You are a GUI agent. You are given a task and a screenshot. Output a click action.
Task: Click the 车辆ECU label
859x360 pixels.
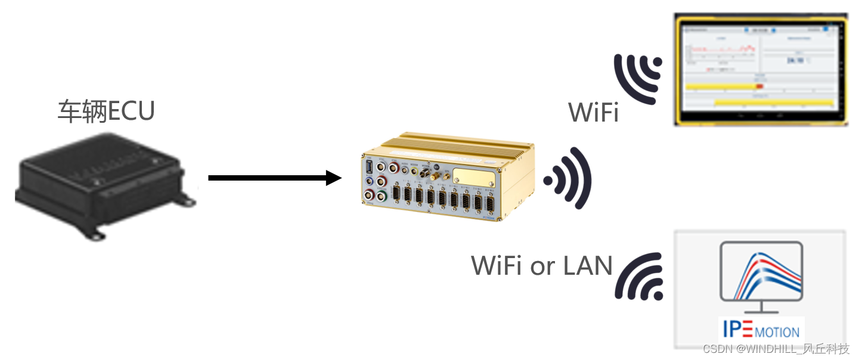coord(106,111)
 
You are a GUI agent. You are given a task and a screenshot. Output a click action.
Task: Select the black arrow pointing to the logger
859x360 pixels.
coord(274,178)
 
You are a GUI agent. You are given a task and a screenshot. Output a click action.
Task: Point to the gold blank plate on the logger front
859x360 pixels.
coord(473,177)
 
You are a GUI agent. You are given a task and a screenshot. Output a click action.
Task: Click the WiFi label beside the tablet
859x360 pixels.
coord(593,112)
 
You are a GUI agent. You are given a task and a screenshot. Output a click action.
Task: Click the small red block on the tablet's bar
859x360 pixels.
coord(759,87)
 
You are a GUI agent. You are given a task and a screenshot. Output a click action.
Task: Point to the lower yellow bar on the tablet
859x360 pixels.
coord(773,103)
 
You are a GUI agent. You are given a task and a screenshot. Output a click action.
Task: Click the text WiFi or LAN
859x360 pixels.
coord(542,266)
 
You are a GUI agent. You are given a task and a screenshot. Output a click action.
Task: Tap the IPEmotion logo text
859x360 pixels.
coord(760,330)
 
